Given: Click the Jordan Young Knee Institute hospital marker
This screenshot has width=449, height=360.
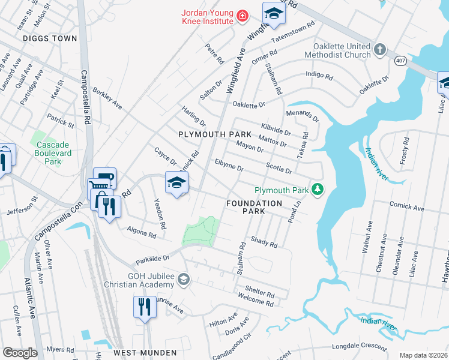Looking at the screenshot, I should [x=241, y=16].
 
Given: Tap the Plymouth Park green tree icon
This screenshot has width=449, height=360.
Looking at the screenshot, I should [x=318, y=190].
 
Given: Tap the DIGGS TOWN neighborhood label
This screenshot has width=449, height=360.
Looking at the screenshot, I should [x=50, y=38].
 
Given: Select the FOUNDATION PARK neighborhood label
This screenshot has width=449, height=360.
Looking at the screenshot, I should [x=254, y=208].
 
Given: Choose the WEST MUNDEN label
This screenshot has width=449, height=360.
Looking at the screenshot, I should [x=145, y=353].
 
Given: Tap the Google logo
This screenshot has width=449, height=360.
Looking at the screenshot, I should [x=20, y=353].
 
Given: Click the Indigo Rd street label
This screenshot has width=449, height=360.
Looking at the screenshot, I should [x=319, y=76].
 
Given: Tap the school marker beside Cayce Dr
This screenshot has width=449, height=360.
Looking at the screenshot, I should [x=176, y=184].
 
